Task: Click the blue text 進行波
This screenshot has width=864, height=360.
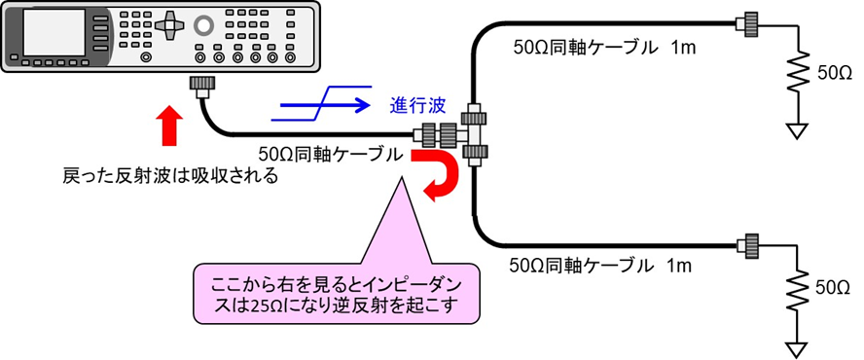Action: click(x=418, y=104)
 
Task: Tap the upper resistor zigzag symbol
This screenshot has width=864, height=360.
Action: click(x=798, y=74)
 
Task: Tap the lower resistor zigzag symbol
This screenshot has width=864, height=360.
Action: click(x=798, y=289)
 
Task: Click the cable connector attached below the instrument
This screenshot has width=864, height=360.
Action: click(x=203, y=87)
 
